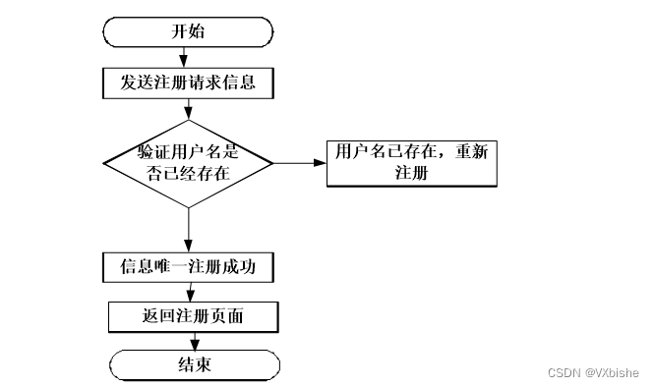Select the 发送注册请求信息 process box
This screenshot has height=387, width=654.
tap(188, 82)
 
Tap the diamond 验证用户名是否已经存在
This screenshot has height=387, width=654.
tap(188, 163)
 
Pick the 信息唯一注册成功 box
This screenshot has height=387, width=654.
tap(188, 266)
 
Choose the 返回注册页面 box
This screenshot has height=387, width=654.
tap(193, 316)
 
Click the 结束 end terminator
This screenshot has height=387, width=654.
tap(193, 365)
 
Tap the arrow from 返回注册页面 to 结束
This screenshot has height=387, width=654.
tap(194, 341)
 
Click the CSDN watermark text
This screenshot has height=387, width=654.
tap(565, 373)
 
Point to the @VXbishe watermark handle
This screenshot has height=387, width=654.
tap(612, 373)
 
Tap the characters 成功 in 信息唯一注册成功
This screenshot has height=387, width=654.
tap(242, 266)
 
